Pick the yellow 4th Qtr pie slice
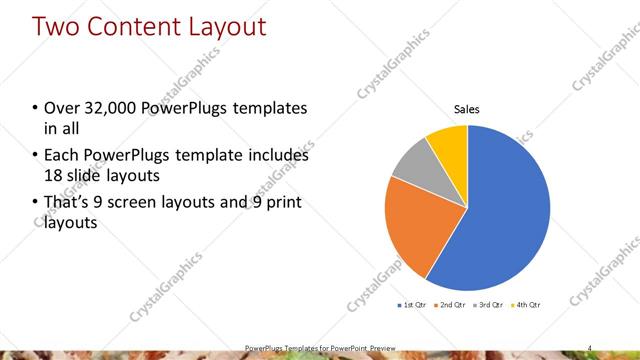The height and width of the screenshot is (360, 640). [449, 144]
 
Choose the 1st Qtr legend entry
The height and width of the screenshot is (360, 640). [412, 304]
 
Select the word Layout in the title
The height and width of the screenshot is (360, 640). [231, 26]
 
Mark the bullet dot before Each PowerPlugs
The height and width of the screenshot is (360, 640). [35, 157]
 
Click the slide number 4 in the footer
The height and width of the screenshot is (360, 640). [590, 347]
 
